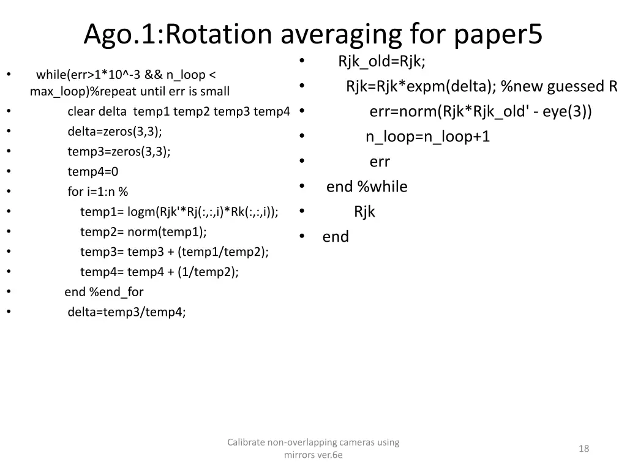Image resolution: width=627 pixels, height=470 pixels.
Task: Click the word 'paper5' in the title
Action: click(x=498, y=35)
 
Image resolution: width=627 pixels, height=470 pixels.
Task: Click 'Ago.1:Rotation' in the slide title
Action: click(x=162, y=35)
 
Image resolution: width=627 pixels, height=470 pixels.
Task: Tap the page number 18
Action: click(x=584, y=449)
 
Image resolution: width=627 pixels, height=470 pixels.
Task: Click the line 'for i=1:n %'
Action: click(x=98, y=192)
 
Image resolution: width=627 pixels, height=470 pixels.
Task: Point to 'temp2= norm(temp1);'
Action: click(x=143, y=231)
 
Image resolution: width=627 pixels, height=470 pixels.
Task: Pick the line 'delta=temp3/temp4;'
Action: click(x=127, y=311)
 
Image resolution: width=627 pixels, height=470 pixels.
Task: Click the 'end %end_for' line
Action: click(x=104, y=292)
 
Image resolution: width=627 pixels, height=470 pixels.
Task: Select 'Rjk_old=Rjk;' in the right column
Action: click(x=381, y=61)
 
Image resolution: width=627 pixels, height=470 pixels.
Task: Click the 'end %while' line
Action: click(x=367, y=187)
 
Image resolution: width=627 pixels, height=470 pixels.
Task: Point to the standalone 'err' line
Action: click(x=380, y=162)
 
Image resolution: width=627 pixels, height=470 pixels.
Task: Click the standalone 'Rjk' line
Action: click(x=364, y=212)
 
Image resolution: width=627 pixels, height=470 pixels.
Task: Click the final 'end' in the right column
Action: click(x=336, y=237)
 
